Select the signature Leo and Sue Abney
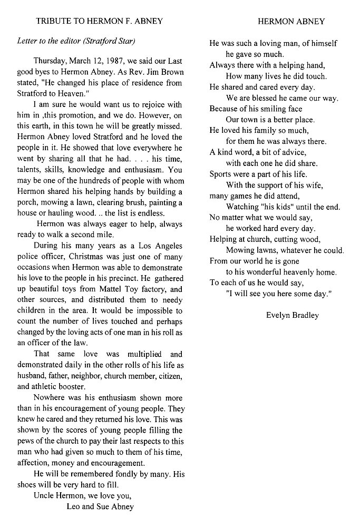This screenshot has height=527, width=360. coord(100,506)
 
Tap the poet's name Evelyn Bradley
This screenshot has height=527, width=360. coord(293,315)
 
